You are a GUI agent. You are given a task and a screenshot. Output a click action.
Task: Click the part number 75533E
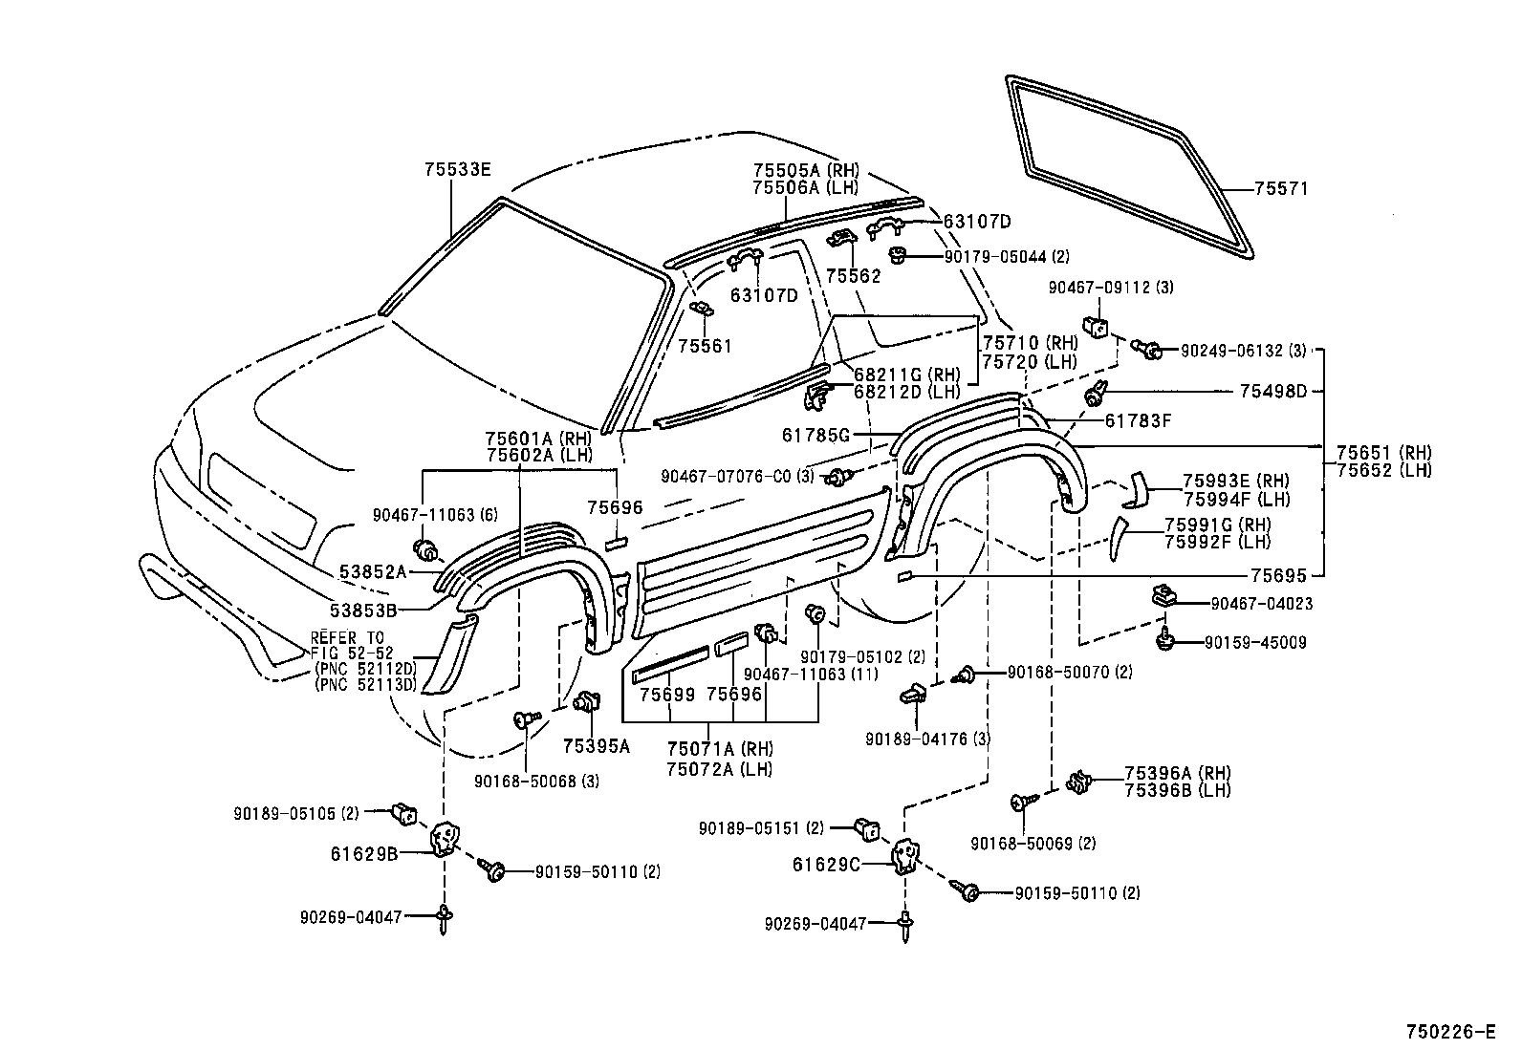[457, 169]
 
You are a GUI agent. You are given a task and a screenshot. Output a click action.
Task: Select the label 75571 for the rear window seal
[1281, 189]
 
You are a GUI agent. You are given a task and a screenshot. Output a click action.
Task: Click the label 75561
[705, 347]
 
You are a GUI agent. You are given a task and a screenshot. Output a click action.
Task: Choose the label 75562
[854, 276]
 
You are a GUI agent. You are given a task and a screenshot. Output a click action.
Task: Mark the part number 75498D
[1273, 391]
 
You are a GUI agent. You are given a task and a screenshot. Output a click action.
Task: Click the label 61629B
[364, 854]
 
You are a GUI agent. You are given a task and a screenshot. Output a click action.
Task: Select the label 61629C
[826, 865]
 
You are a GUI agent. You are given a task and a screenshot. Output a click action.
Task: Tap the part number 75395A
[597, 746]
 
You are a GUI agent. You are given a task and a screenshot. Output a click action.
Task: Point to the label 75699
[666, 695]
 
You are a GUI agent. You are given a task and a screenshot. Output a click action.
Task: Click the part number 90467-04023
[1261, 604]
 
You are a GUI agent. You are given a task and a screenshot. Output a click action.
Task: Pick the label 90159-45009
[1255, 642]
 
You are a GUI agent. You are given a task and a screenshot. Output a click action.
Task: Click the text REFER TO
[347, 638]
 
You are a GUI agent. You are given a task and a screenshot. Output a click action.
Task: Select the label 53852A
[372, 572]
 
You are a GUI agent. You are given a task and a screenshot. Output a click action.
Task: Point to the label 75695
[1279, 576]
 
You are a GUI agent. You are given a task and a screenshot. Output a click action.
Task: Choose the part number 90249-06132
[1231, 352]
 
